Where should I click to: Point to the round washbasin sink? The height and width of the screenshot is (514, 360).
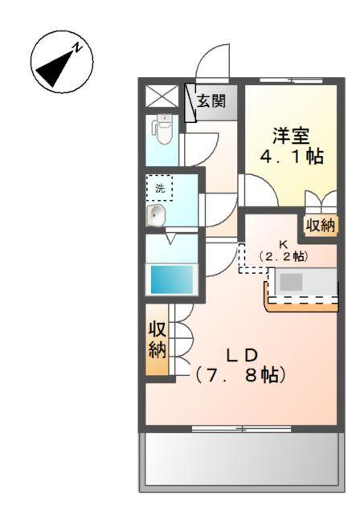click(x=157, y=215)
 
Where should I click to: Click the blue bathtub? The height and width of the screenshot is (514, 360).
click(x=172, y=280)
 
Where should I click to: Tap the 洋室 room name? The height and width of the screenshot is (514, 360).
click(x=290, y=136)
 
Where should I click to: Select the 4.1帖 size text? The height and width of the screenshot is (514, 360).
click(x=291, y=157)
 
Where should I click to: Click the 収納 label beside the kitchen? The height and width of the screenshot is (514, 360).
click(x=319, y=226)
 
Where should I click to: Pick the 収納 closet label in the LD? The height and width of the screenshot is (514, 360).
click(x=157, y=341)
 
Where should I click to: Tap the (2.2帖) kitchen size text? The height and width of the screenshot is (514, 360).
click(x=283, y=256)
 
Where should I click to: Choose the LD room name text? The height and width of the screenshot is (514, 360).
click(x=240, y=354)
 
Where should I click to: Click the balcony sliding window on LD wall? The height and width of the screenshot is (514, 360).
click(x=240, y=430)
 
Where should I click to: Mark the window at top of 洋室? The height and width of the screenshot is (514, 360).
click(x=290, y=80)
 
